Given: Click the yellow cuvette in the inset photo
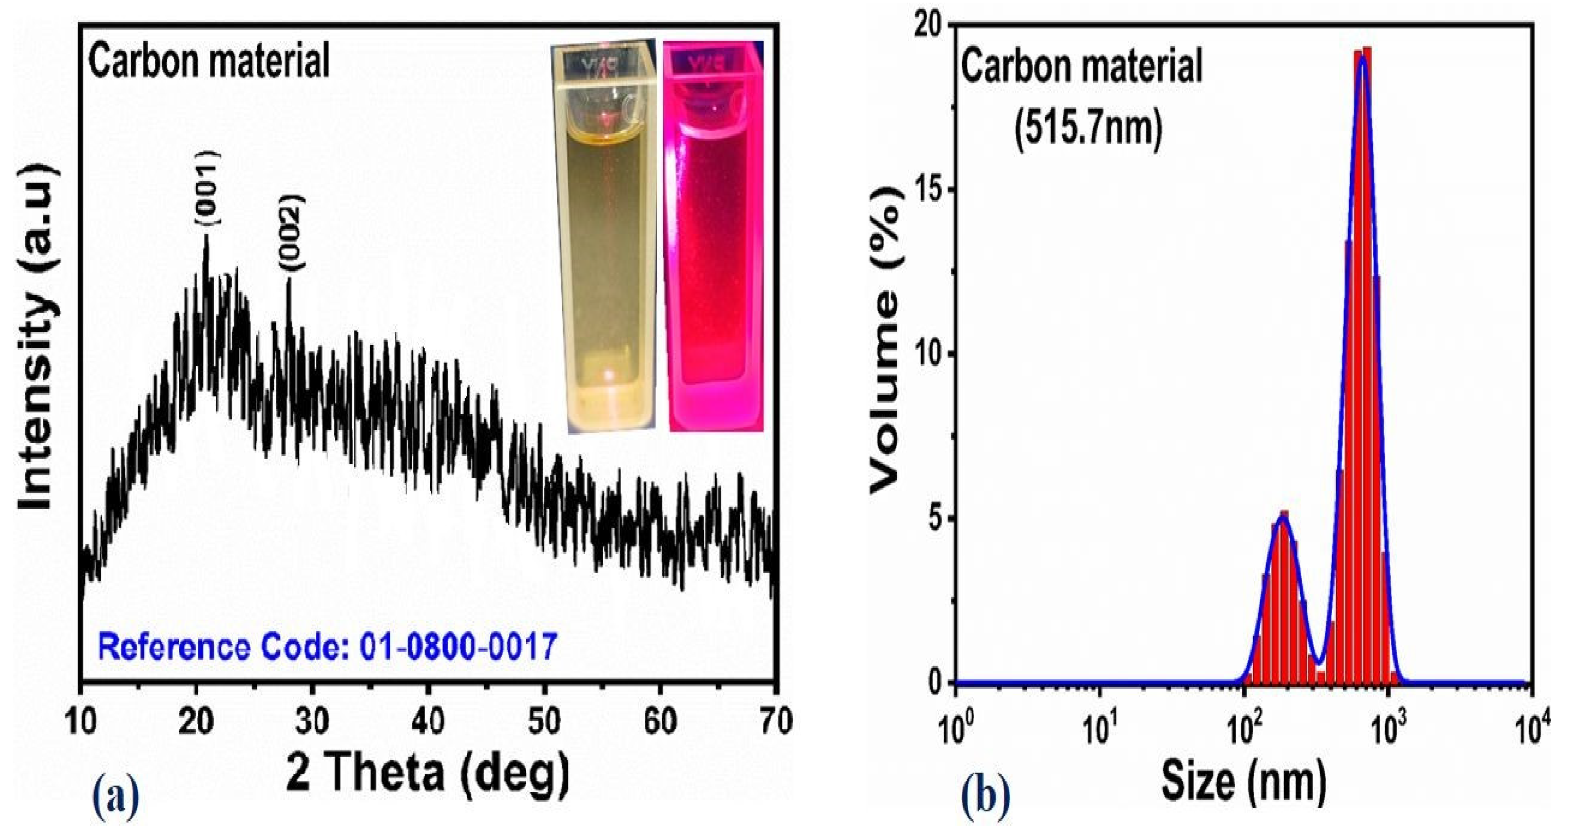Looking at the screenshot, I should click(x=604, y=238).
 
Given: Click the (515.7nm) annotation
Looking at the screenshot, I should click(x=1088, y=130).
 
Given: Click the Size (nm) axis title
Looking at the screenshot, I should click(x=1243, y=782).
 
